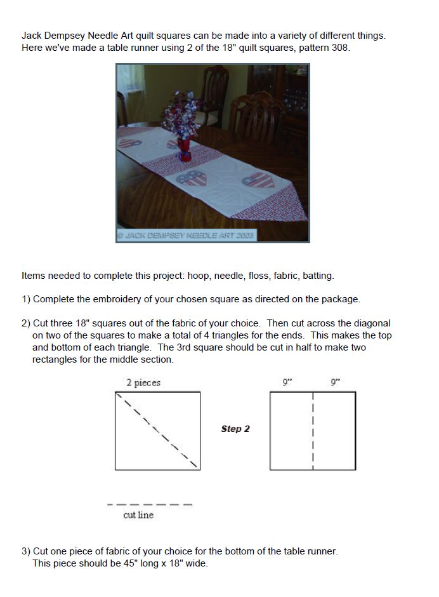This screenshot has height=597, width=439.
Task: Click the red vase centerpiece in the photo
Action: coord(184,150)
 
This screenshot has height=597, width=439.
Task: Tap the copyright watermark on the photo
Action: coord(187,235)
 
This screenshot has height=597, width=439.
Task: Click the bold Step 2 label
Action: coord(235,429)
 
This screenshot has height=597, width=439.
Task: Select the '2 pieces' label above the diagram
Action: coord(143,382)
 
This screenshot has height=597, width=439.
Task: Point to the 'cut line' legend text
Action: coord(138,515)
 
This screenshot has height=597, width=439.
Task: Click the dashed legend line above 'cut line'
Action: coord(150,505)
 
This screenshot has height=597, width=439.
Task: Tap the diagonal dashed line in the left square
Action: coord(159,431)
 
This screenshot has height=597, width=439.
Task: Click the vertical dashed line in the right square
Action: coord(313,431)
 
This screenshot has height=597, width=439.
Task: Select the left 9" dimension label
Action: coord(287,382)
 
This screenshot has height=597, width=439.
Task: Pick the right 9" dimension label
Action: coord(335,382)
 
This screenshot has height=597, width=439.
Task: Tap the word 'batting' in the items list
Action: coord(318,276)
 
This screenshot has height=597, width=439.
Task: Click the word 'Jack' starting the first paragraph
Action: coord(32,36)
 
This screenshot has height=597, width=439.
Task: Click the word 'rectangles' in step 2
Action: coord(54,359)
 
